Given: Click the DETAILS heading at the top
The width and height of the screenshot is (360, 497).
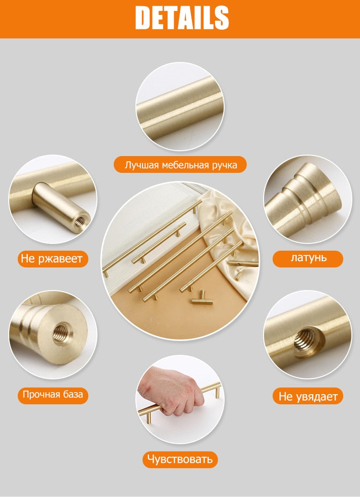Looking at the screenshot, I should [182, 18].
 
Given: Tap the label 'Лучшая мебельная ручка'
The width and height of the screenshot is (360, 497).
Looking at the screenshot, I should [180, 165].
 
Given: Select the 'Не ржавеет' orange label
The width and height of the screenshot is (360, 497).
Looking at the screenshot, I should [52, 259].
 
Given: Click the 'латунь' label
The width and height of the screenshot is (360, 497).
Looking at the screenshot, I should [308, 258].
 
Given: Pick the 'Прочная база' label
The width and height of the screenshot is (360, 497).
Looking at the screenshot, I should [53, 395].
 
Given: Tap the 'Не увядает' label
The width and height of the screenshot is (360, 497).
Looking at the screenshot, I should [308, 396].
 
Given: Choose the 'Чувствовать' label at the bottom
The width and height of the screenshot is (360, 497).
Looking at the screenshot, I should [180, 459].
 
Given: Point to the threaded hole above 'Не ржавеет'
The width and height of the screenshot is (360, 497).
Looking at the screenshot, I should [80, 222].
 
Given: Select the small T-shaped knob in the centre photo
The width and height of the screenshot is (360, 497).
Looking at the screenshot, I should [202, 300].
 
